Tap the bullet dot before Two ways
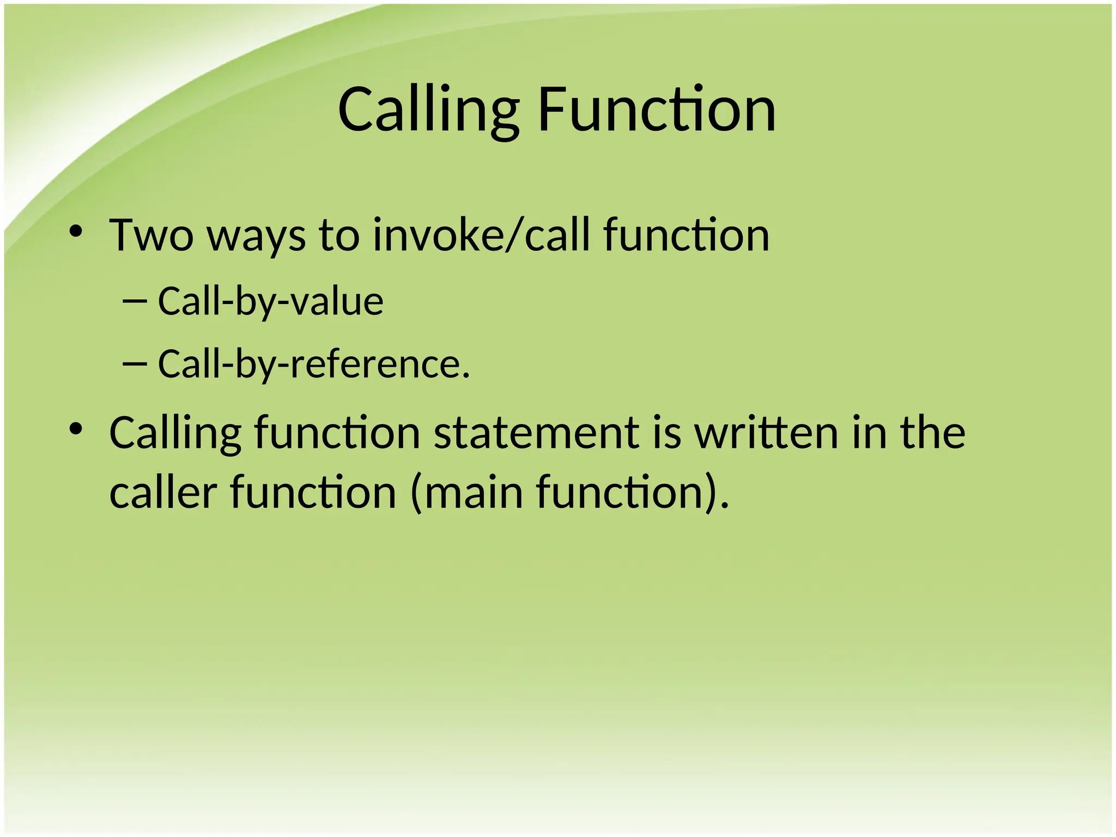click(76, 232)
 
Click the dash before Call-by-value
click(135, 300)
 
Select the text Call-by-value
click(270, 301)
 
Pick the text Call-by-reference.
click(313, 364)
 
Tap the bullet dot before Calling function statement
click(76, 429)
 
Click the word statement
click(536, 433)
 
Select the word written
click(766, 433)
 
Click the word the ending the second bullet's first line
click(932, 433)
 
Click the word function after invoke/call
click(686, 235)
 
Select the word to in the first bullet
click(339, 235)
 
